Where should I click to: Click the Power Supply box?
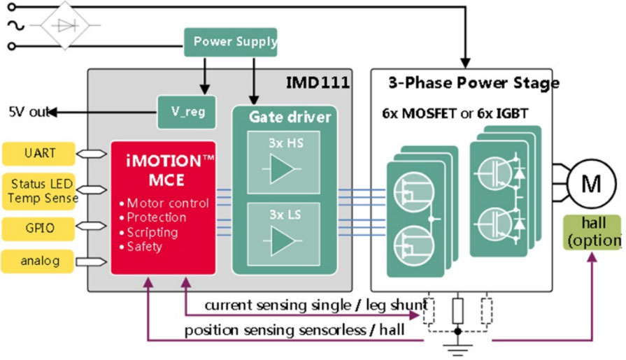(x=230, y=42)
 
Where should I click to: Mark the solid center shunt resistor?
(x=459, y=309)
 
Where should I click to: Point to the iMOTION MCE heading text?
(x=164, y=169)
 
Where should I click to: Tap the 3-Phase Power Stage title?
(x=473, y=83)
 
